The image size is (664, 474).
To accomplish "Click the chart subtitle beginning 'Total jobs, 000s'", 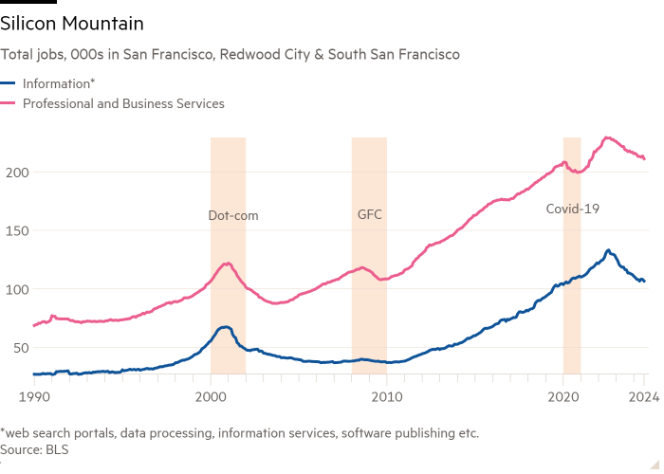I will click(x=231, y=55).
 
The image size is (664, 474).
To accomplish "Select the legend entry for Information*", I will click(x=60, y=83).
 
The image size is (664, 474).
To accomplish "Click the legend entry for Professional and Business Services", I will click(x=122, y=103).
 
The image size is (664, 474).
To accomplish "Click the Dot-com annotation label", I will click(x=232, y=215).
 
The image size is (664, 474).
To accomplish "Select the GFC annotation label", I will click(x=369, y=215).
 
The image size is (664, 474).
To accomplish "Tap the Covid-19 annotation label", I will click(x=573, y=208).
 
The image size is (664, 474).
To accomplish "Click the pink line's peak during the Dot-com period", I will click(x=228, y=264).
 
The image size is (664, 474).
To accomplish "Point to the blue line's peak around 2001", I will click(x=226, y=327).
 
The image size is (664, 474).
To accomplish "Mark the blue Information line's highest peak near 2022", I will click(x=608, y=250).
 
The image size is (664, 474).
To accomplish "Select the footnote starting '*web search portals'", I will click(x=239, y=433).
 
